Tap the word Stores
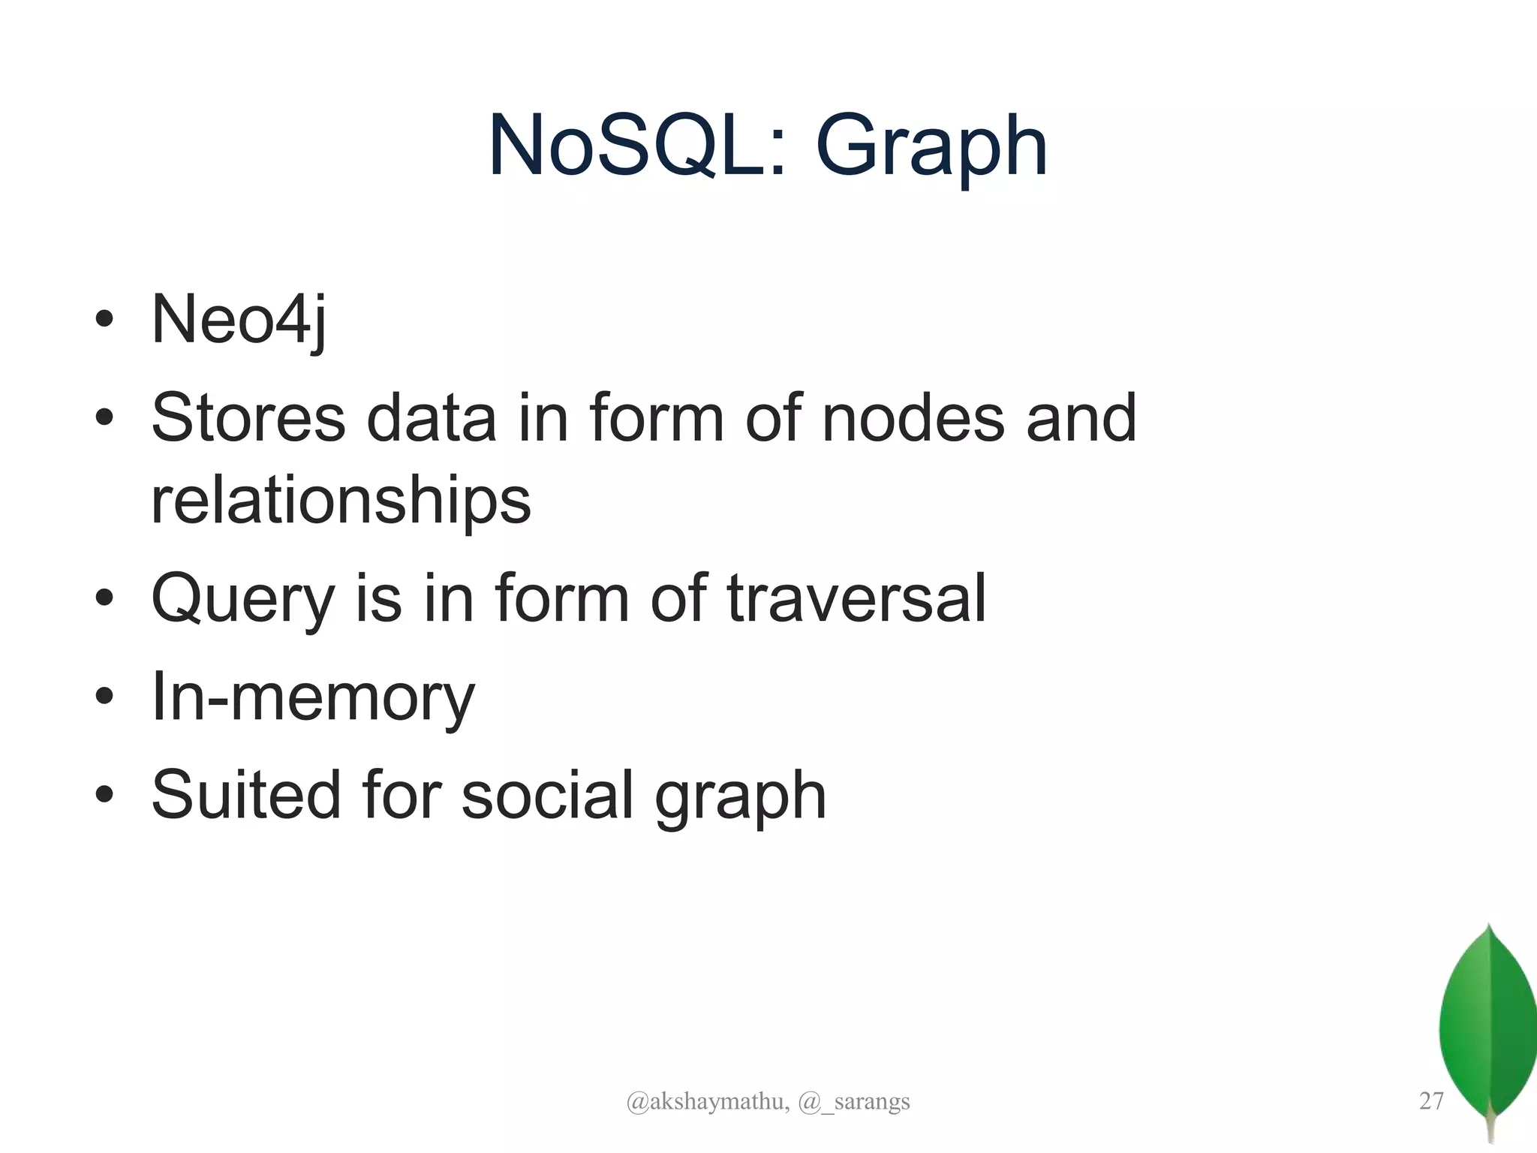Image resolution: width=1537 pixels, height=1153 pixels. click(x=248, y=418)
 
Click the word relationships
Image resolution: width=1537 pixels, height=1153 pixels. click(x=341, y=501)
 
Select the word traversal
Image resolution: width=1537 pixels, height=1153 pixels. click(x=856, y=598)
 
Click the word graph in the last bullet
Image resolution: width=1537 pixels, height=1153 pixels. click(x=740, y=798)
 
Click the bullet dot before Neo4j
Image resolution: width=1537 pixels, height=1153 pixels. click(x=104, y=320)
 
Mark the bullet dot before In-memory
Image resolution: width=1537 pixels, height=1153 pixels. click(x=104, y=696)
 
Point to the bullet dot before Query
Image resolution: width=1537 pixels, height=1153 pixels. click(x=104, y=598)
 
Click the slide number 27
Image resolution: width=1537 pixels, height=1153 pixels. click(x=1431, y=1101)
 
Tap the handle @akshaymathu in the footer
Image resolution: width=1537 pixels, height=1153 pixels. click(x=707, y=1102)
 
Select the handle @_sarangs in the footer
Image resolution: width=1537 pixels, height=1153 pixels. click(x=854, y=1102)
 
